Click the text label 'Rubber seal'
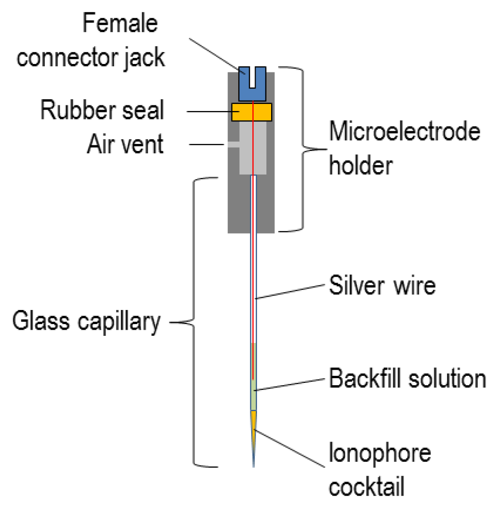(x=102, y=111)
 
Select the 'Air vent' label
(x=125, y=145)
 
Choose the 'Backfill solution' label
(x=408, y=379)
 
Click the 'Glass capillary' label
(x=87, y=323)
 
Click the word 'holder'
(x=361, y=166)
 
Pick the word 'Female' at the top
(x=120, y=24)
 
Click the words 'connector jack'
(x=91, y=57)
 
